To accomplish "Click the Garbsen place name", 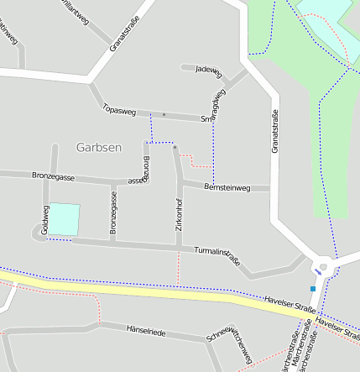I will coord(98,147).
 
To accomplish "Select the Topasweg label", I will coord(118,109).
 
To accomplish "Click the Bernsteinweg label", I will coord(227,188).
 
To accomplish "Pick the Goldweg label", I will coord(45,219).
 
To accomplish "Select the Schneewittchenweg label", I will coord(228,345).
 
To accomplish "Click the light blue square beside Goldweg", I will coord(64,220).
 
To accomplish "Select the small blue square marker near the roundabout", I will coord(312,289).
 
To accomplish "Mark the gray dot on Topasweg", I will coord(164,114).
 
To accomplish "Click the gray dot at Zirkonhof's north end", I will coord(175,148).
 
